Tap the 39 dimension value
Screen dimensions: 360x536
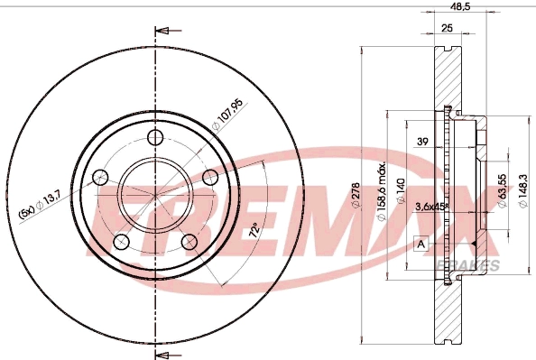(421, 142)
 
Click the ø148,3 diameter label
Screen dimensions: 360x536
(525, 192)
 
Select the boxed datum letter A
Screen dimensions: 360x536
(420, 244)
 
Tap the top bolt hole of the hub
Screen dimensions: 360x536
(155, 137)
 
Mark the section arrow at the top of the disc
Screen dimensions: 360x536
(163, 32)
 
